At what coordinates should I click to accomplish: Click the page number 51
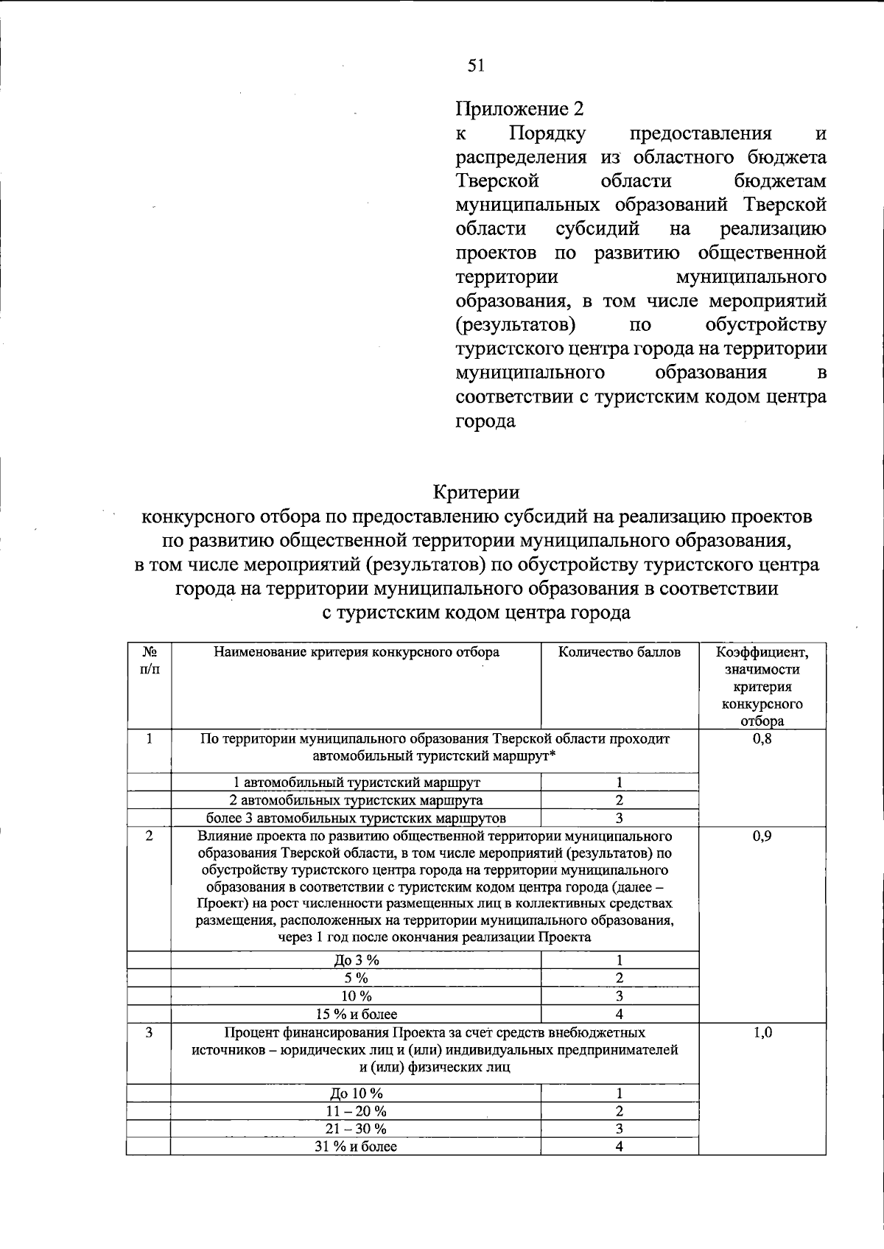476,66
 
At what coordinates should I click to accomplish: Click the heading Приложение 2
519,109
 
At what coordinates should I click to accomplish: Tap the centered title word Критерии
476,492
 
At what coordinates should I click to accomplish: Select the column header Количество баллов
620,652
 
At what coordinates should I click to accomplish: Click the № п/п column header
149,660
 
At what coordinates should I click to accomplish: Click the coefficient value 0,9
762,836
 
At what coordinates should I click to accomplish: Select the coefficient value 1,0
762,1033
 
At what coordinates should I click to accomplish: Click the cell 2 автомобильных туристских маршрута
357,800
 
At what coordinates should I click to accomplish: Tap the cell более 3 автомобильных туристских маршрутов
357,818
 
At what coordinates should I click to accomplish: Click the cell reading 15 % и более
357,1015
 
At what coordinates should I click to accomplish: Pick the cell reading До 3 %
357,960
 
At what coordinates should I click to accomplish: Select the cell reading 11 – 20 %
357,1111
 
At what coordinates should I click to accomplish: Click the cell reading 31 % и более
357,1147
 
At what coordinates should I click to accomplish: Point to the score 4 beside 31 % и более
620,1147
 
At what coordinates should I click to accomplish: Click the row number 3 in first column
149,1033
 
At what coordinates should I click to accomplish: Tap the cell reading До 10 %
357,1094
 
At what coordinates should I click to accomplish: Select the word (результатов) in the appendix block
516,325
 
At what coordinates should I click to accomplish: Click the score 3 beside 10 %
620,996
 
